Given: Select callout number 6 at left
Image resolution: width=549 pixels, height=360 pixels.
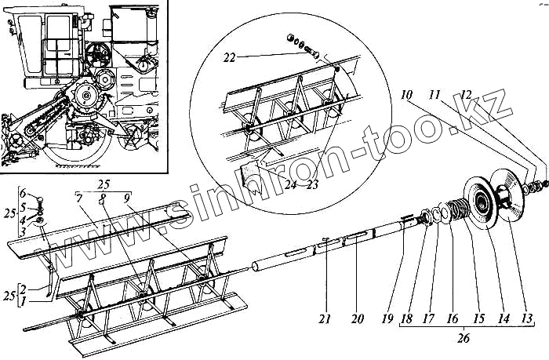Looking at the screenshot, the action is click(x=23, y=192).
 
